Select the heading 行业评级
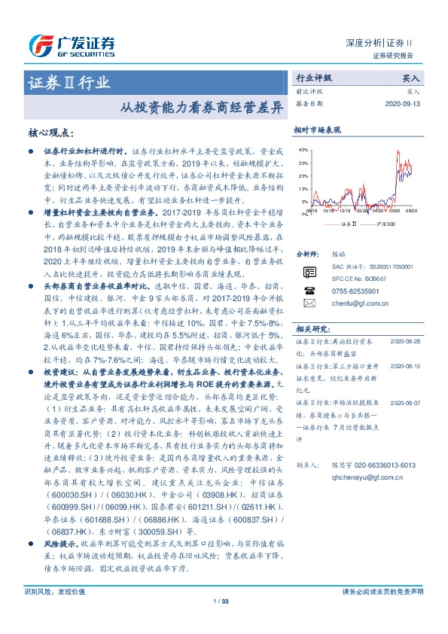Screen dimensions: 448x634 click(313, 78)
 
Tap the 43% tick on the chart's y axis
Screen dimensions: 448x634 click(303, 151)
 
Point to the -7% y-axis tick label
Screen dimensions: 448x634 click(303, 214)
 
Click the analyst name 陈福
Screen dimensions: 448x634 click(339, 256)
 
